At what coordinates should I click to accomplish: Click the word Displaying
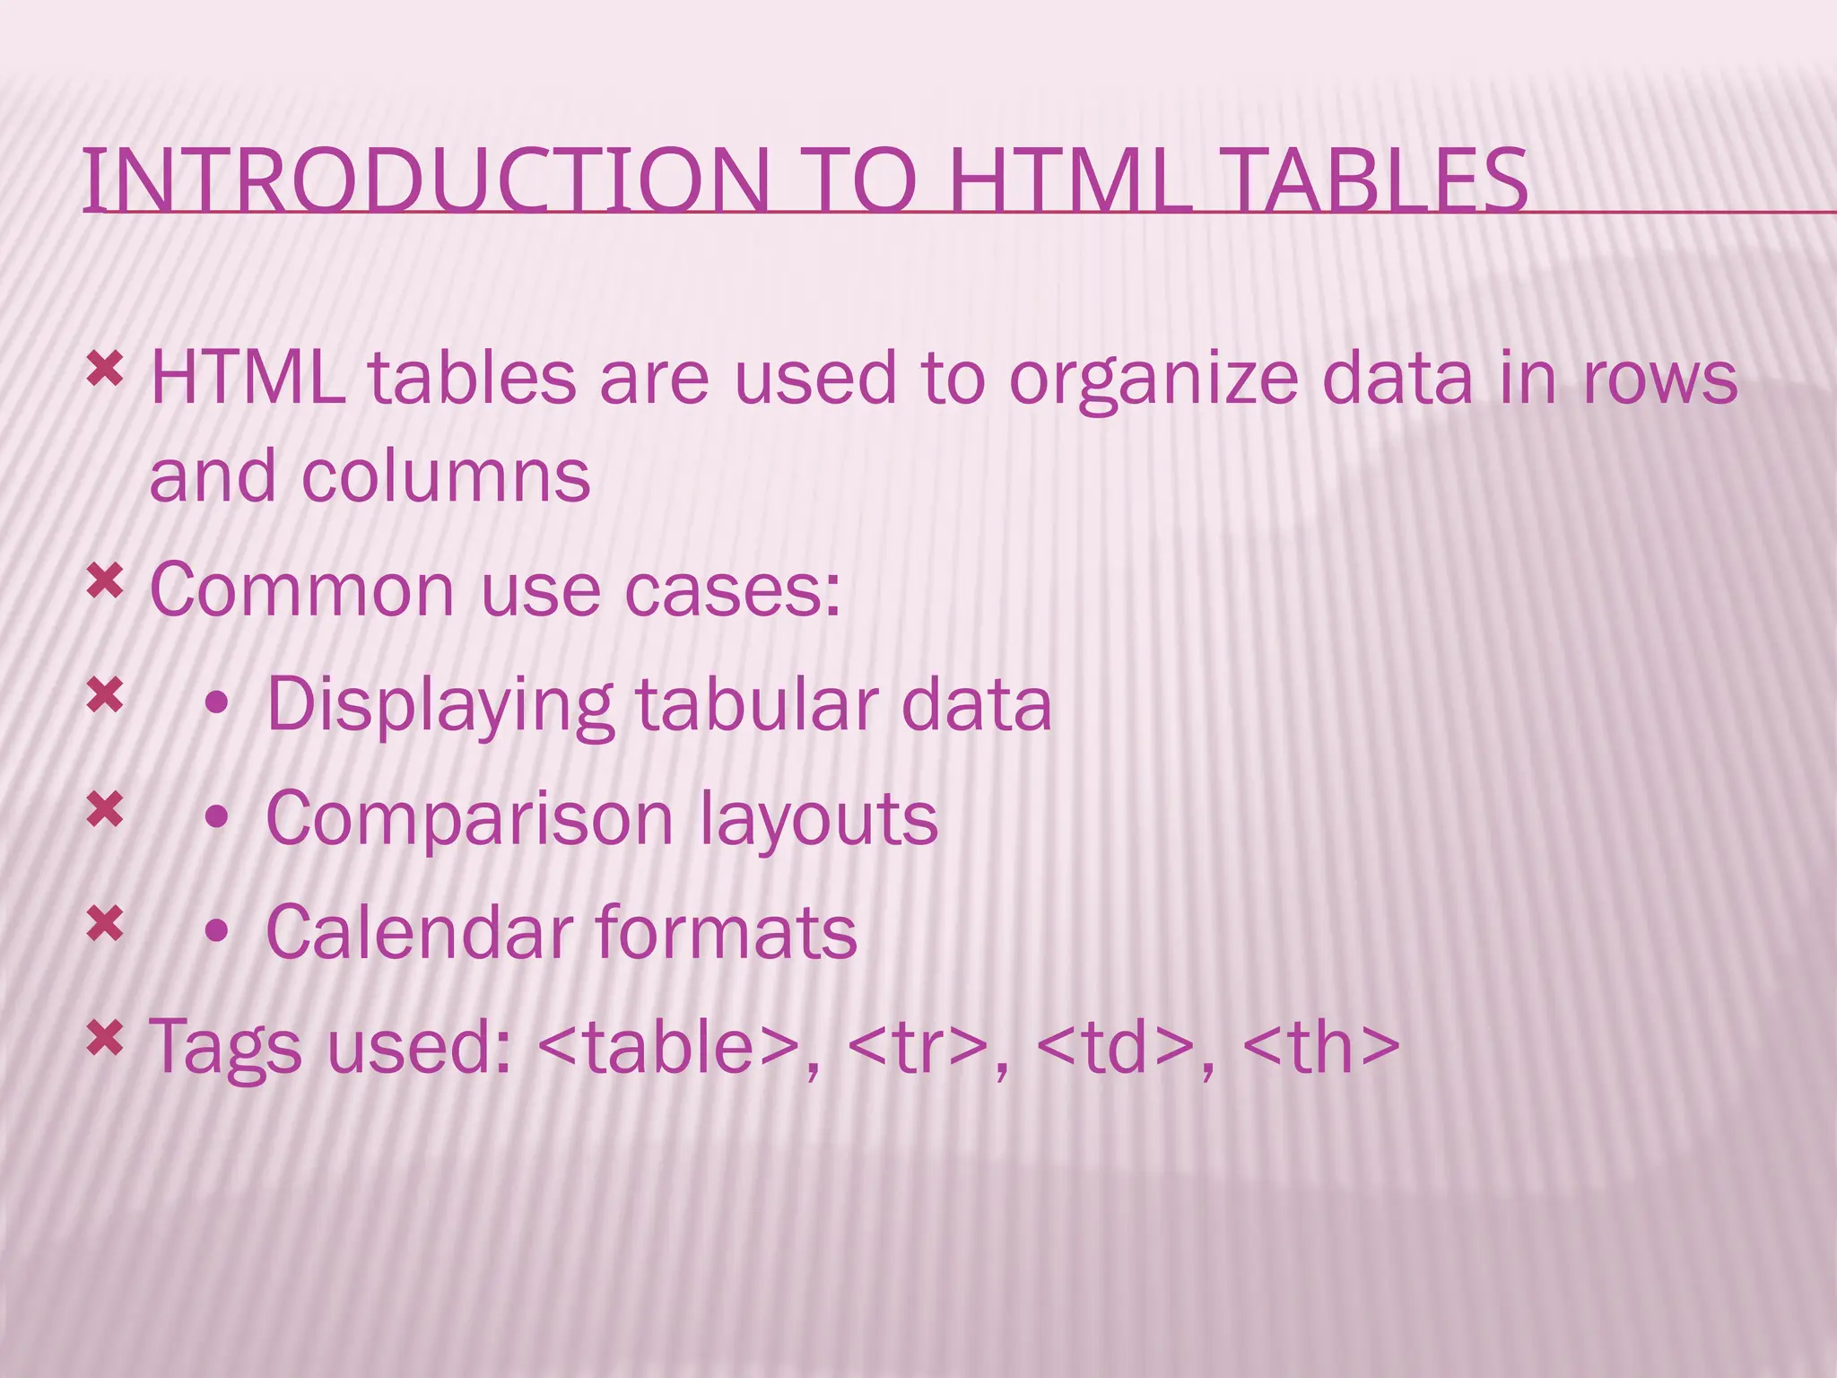pos(440,707)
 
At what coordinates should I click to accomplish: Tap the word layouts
pos(818,820)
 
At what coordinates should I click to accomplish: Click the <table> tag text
pos(668,1047)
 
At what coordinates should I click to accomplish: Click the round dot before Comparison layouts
pos(216,818)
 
